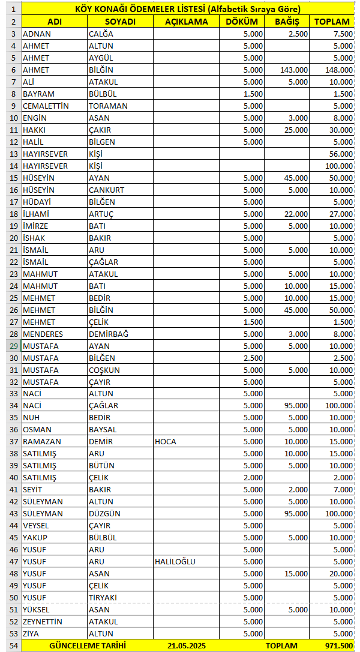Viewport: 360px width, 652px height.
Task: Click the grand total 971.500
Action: pyautogui.click(x=338, y=645)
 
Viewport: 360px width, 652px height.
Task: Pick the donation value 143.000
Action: pyautogui.click(x=294, y=70)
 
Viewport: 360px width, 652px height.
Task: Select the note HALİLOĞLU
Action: pyautogui.click(x=175, y=561)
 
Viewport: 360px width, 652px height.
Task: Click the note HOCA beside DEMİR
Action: pyautogui.click(x=166, y=441)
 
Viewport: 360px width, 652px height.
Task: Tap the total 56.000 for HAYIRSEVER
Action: pyautogui.click(x=338, y=154)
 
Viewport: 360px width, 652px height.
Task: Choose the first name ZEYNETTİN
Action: pyautogui.click(x=43, y=621)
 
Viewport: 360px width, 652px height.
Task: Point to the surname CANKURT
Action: pyautogui.click(x=107, y=190)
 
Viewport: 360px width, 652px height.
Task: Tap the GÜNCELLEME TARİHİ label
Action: pyautogui.click(x=88, y=645)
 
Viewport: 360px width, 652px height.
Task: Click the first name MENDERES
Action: pyautogui.click(x=43, y=334)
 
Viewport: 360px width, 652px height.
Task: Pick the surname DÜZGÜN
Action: pyautogui.click(x=104, y=513)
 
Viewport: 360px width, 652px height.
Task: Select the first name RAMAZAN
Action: pyautogui.click(x=41, y=441)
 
